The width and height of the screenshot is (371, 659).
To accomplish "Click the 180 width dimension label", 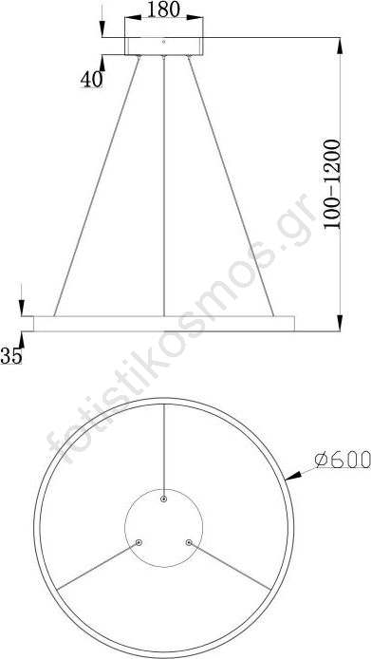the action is [163, 9].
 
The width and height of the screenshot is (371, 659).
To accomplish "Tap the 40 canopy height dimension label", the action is [92, 79].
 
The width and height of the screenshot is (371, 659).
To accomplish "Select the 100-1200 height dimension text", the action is [332, 183].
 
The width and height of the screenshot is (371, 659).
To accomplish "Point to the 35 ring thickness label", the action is [11, 356].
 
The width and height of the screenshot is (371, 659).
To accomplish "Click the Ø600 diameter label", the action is [343, 460].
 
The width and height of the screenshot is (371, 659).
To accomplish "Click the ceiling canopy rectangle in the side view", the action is [164, 46].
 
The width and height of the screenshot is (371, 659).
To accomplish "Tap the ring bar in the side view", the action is [164, 324].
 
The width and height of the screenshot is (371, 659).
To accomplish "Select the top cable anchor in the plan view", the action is [164, 499].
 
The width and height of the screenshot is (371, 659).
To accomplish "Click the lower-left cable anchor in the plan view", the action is [139, 542].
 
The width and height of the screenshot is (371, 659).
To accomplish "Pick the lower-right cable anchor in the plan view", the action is [189, 542].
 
